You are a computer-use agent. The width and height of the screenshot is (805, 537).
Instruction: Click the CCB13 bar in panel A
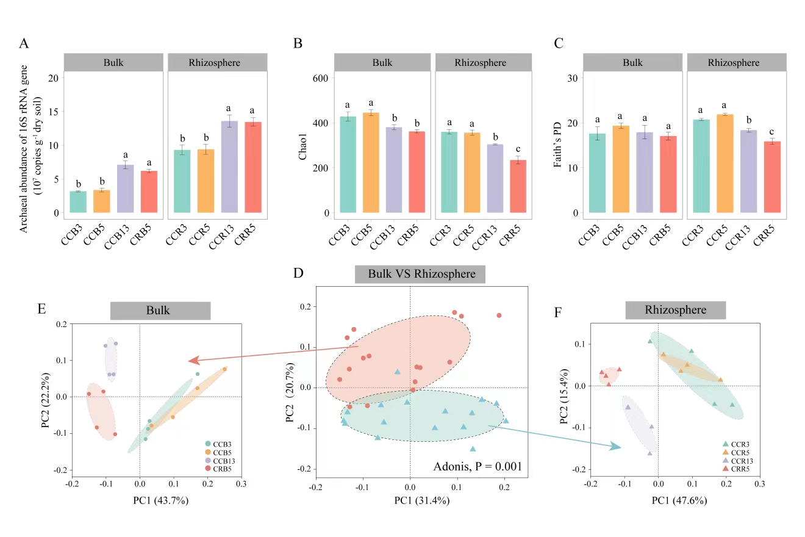(x=125, y=189)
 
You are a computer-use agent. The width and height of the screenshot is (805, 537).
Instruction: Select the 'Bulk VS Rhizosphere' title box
(x=421, y=274)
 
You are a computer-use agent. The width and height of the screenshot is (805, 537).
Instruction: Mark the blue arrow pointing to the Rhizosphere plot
(x=555, y=437)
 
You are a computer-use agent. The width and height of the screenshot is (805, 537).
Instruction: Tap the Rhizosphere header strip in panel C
(x=734, y=62)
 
